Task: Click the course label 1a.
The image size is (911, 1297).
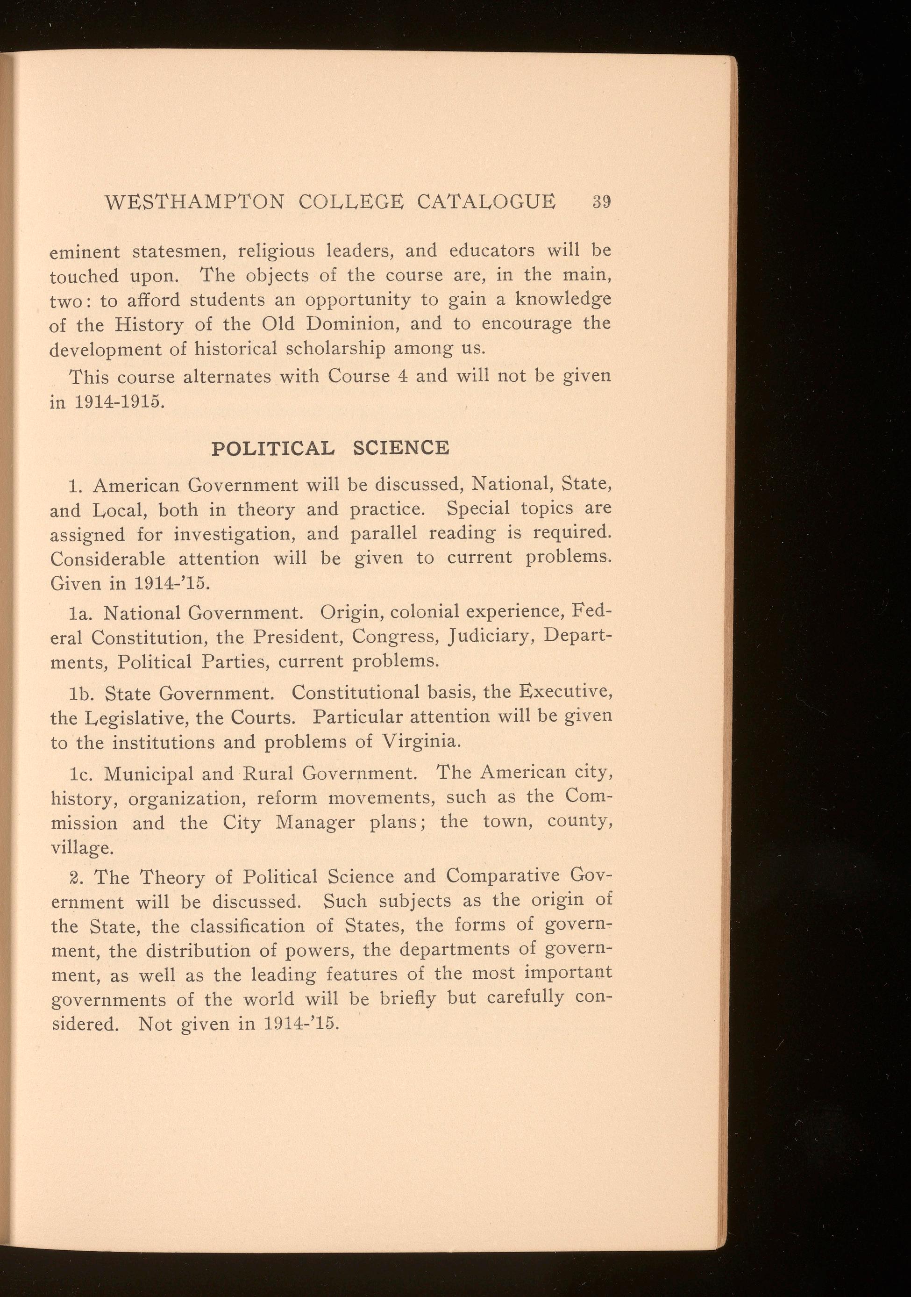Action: point(79,612)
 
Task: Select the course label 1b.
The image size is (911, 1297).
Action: point(79,693)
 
